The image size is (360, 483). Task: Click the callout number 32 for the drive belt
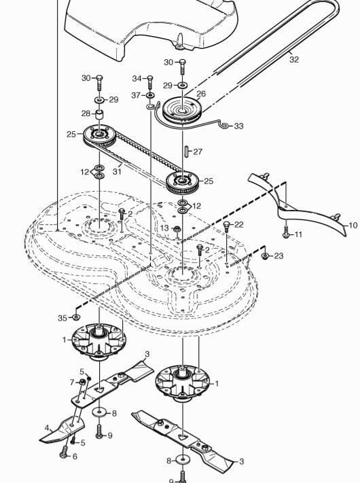click(x=294, y=59)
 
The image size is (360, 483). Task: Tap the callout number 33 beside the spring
click(x=238, y=126)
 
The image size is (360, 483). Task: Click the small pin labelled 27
click(x=187, y=151)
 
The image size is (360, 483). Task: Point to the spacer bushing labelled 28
click(x=99, y=115)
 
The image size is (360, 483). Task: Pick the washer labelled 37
click(x=150, y=95)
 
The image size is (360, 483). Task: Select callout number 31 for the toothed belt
click(x=117, y=172)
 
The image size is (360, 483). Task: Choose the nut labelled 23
click(x=265, y=256)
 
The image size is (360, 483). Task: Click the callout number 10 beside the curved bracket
click(x=353, y=226)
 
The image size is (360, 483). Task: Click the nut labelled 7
click(x=82, y=382)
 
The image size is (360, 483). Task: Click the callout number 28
click(x=86, y=113)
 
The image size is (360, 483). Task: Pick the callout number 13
click(x=165, y=228)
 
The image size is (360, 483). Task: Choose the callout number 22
click(x=238, y=225)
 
